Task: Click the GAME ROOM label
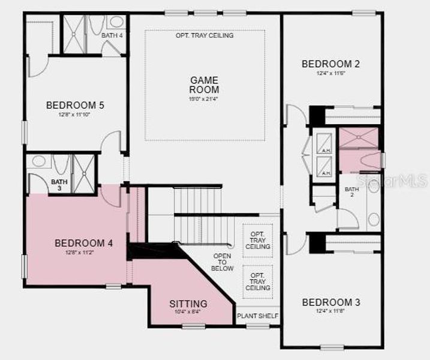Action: (204, 85)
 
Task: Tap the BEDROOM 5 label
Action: (75, 106)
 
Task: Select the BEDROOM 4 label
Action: (83, 243)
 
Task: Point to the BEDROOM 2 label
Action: (330, 64)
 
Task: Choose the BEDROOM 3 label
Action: (331, 302)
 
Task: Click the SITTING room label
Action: (188, 304)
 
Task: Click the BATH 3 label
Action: (59, 185)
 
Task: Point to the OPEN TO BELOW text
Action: (223, 262)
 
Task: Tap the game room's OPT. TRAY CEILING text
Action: (205, 35)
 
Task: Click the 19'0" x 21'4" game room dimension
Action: (204, 98)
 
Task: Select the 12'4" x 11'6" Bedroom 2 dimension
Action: (330, 74)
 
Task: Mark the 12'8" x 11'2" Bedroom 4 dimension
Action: (83, 253)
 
